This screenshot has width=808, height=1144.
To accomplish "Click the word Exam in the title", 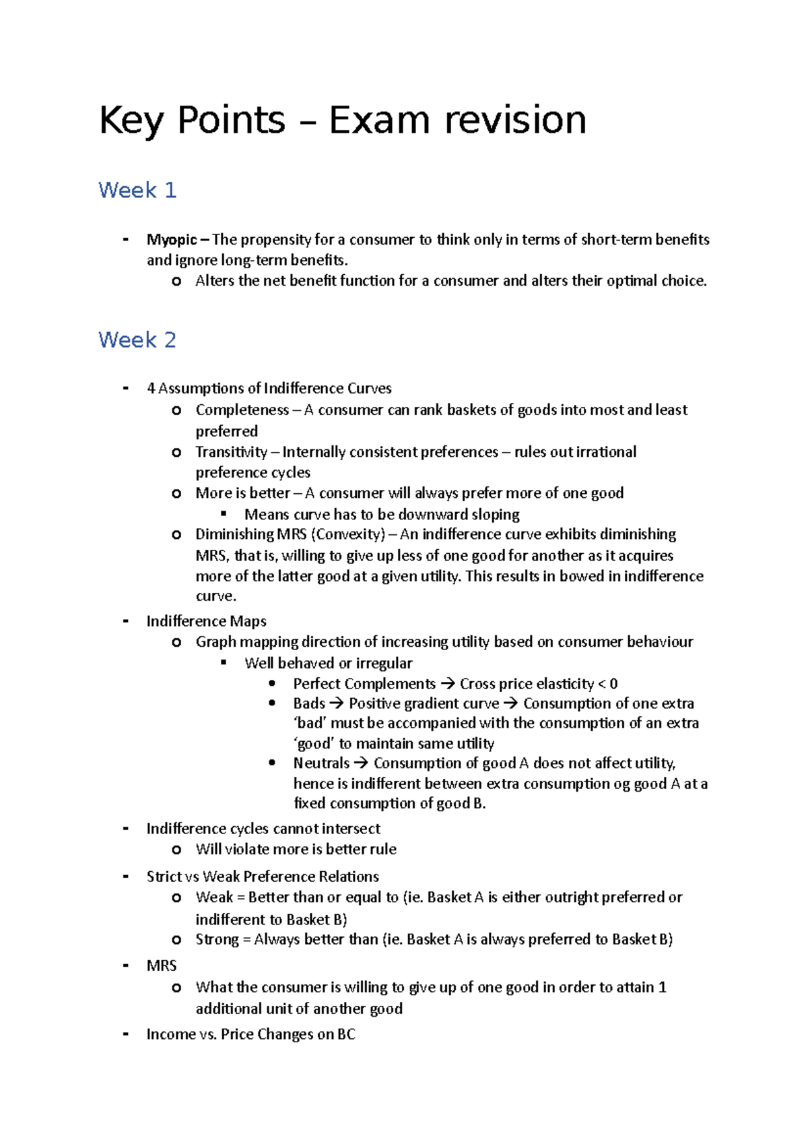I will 378,121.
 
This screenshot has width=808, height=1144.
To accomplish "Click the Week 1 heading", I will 137,191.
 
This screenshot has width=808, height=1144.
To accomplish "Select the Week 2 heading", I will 137,340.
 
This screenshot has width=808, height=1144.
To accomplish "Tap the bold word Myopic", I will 172,240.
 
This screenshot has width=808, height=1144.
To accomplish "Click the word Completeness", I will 242,410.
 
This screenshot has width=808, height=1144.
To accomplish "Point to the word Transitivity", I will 231,452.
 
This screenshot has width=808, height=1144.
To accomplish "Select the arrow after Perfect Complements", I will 448,684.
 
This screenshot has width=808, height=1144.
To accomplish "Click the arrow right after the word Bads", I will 337,703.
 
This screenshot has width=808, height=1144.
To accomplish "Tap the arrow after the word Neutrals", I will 362,763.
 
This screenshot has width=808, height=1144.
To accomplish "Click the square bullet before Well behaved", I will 224,663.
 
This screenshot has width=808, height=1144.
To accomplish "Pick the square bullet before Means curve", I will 224,514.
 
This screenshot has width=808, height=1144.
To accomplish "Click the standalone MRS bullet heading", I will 162,966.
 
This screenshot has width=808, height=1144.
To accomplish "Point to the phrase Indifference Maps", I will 206,621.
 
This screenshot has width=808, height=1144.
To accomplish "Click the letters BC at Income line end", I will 346,1035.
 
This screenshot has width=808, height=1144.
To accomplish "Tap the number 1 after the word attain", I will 663,988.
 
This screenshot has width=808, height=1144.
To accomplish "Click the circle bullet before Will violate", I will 176,850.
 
